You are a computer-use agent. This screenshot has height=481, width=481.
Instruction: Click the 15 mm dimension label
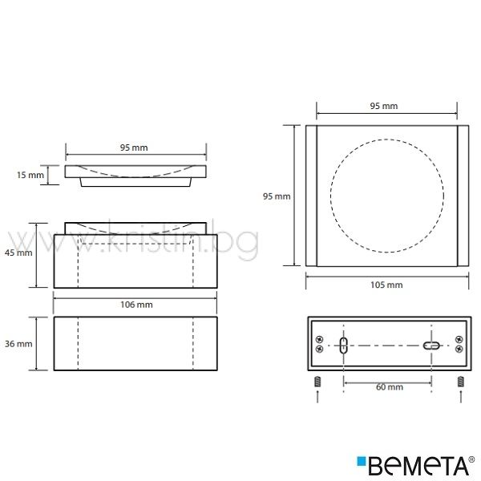pos(30,175)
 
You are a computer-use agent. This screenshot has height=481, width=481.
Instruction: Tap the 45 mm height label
pos(18,253)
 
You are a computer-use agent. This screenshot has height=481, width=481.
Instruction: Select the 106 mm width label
pos(136,305)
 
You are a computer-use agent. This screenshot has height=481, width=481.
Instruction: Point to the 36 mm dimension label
pos(18,344)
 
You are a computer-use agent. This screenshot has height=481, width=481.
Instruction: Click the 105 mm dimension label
pos(386,285)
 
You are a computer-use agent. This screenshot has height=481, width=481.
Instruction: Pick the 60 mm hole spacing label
pos(390,387)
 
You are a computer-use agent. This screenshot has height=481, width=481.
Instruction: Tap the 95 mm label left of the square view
pos(277,196)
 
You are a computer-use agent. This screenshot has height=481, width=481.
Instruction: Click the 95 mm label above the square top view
pos(384,106)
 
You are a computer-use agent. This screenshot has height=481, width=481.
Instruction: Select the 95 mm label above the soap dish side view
pos(134,148)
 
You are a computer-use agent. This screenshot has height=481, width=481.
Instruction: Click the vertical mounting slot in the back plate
pos(344,346)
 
